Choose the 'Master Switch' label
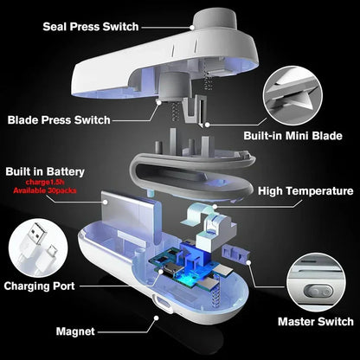(313, 321)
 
